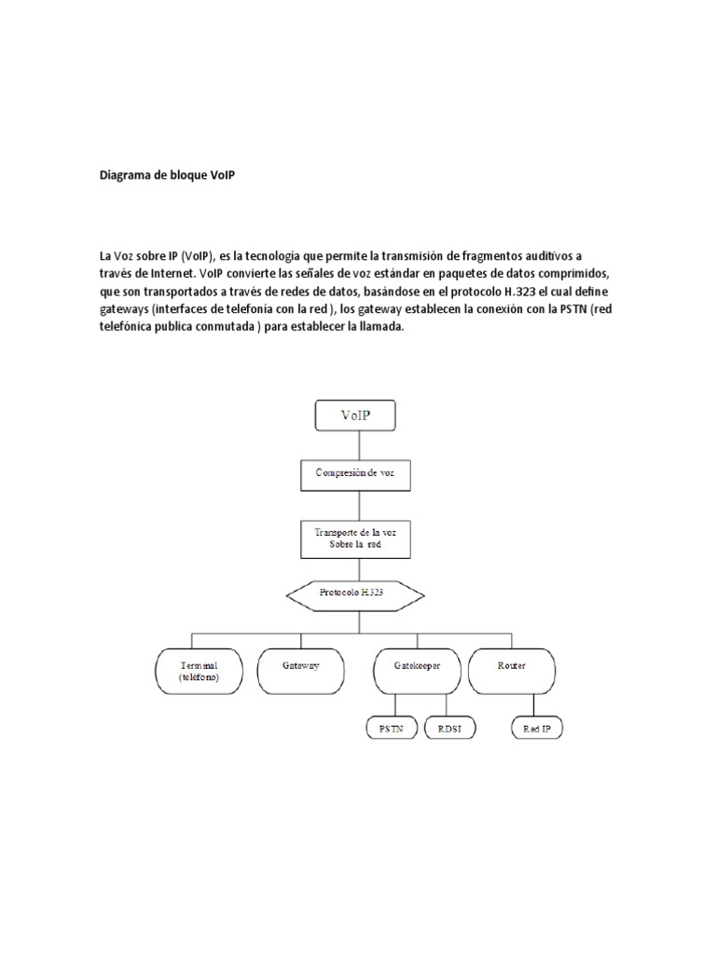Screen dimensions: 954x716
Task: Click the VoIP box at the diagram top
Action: click(x=356, y=416)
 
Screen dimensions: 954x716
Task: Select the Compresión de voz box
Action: click(x=355, y=473)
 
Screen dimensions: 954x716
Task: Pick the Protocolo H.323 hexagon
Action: click(x=355, y=594)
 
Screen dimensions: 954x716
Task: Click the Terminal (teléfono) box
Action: click(x=199, y=671)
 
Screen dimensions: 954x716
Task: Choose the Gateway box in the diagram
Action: click(x=301, y=667)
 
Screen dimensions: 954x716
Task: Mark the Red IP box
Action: click(x=538, y=728)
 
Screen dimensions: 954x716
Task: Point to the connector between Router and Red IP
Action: click(x=538, y=702)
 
